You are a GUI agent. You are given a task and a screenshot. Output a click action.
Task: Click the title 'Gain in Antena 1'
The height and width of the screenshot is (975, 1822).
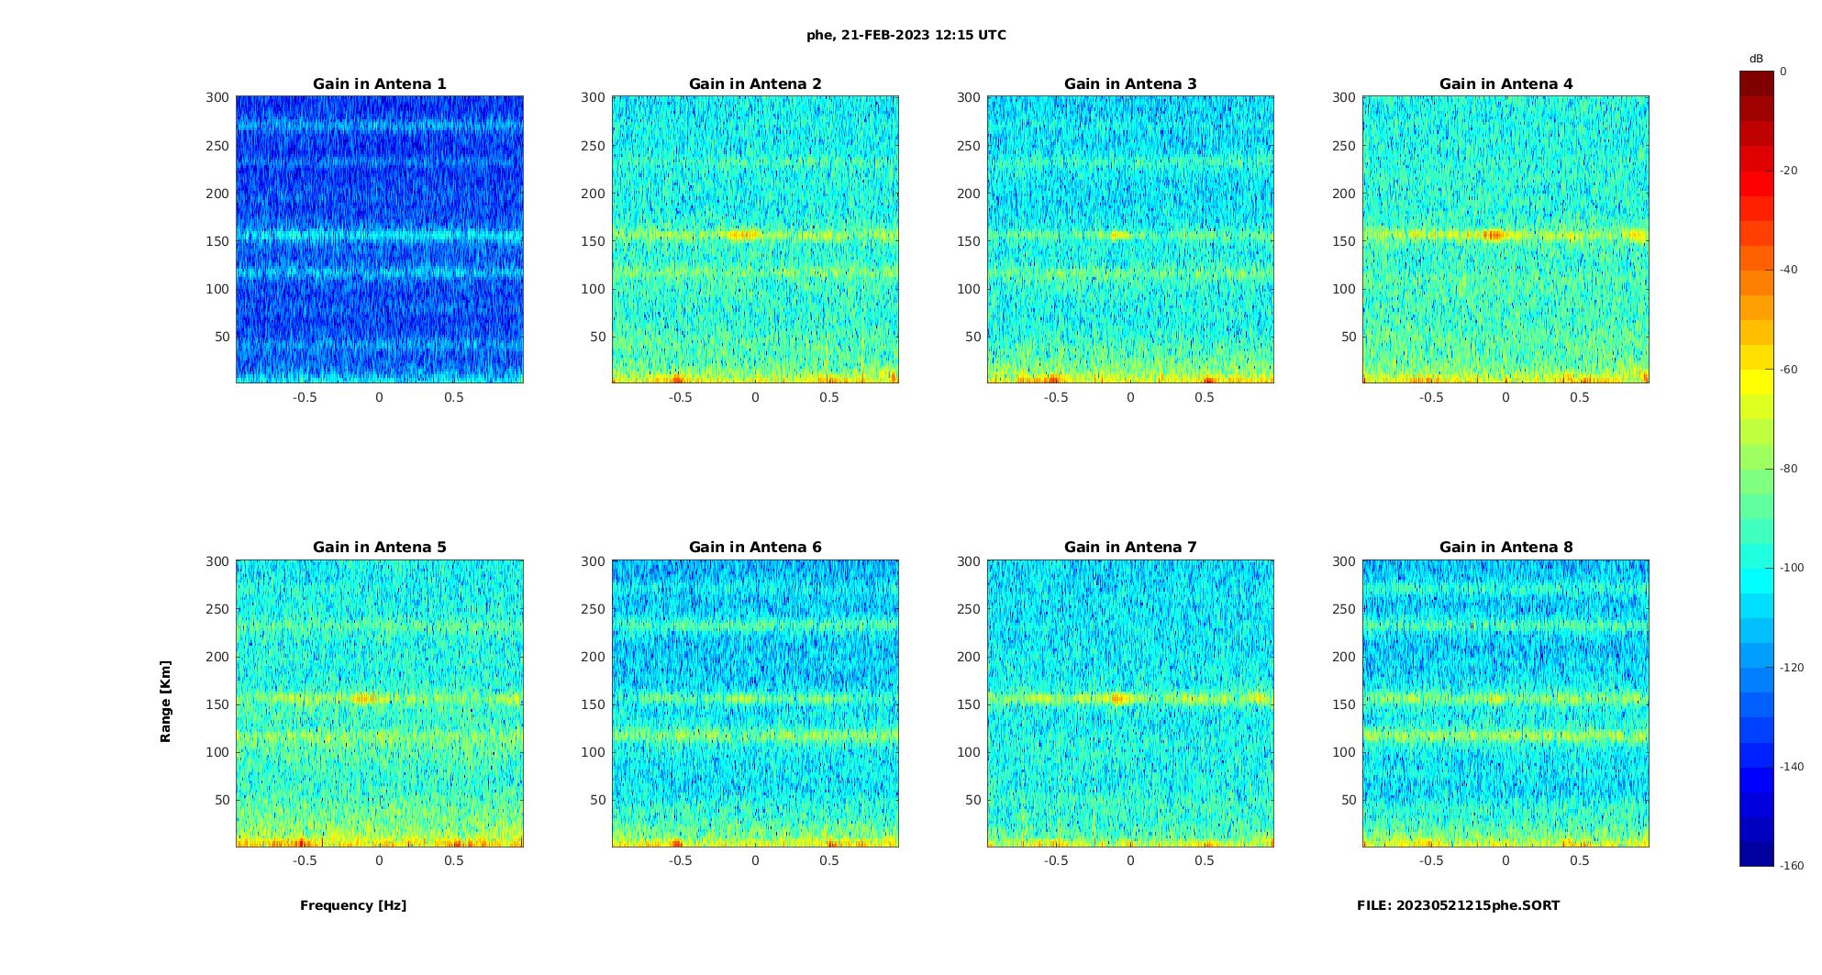click(379, 84)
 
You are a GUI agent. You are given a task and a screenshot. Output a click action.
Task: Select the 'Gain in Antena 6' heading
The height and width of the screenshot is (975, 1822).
click(755, 548)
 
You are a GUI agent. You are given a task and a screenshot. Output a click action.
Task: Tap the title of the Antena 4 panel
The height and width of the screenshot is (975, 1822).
click(1505, 84)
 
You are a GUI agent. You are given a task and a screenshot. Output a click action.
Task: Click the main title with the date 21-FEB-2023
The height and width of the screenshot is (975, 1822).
click(906, 36)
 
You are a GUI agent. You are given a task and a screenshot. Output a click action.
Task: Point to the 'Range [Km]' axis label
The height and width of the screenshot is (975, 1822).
click(166, 701)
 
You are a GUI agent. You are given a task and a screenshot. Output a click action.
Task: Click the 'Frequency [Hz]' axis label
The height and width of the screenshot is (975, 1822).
click(353, 905)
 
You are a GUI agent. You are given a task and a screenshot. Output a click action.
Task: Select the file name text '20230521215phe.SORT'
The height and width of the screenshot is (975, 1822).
click(1478, 905)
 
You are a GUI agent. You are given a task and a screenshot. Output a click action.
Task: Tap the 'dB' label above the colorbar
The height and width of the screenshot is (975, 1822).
click(1756, 59)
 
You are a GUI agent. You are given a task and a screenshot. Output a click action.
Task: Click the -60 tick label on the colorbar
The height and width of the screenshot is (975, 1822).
click(1789, 370)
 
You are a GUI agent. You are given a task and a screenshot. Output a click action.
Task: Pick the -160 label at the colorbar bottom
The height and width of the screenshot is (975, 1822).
click(1791, 866)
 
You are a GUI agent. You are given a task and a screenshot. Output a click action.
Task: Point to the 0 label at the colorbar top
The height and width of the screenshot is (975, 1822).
click(1783, 72)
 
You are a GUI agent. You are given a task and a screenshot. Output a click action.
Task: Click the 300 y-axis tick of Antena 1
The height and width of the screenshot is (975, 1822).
click(217, 97)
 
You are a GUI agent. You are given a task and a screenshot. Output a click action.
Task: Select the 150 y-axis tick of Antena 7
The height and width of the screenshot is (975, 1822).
click(969, 704)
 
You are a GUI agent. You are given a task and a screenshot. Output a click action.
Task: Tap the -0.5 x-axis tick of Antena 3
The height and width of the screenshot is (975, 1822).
click(1056, 397)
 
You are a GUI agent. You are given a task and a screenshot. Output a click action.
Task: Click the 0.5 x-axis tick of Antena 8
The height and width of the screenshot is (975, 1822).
click(1580, 860)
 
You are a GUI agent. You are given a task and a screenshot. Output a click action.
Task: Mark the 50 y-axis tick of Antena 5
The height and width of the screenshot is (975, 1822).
click(222, 800)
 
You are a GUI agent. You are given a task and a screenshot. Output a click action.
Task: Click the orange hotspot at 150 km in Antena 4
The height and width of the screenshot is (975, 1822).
click(1494, 235)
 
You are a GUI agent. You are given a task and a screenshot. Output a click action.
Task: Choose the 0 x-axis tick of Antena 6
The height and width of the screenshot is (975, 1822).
click(755, 860)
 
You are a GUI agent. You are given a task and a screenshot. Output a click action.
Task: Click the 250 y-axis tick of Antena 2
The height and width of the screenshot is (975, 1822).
click(593, 145)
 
